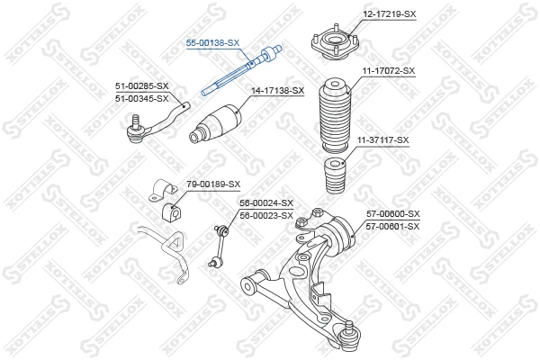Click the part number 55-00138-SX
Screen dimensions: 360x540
[x=212, y=42]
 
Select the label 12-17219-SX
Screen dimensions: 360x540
[x=389, y=13]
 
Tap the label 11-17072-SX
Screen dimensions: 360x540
[x=388, y=70]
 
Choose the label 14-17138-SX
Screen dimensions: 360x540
[x=277, y=91]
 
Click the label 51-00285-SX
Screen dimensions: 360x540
[x=141, y=85]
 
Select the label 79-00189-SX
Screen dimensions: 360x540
[x=212, y=184]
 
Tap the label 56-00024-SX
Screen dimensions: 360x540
[x=265, y=203]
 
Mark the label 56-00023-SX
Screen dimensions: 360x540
[x=265, y=215]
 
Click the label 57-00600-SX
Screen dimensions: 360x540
[x=393, y=214]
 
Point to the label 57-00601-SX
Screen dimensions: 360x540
[x=393, y=226]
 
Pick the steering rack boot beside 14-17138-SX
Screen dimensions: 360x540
[x=216, y=125]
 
